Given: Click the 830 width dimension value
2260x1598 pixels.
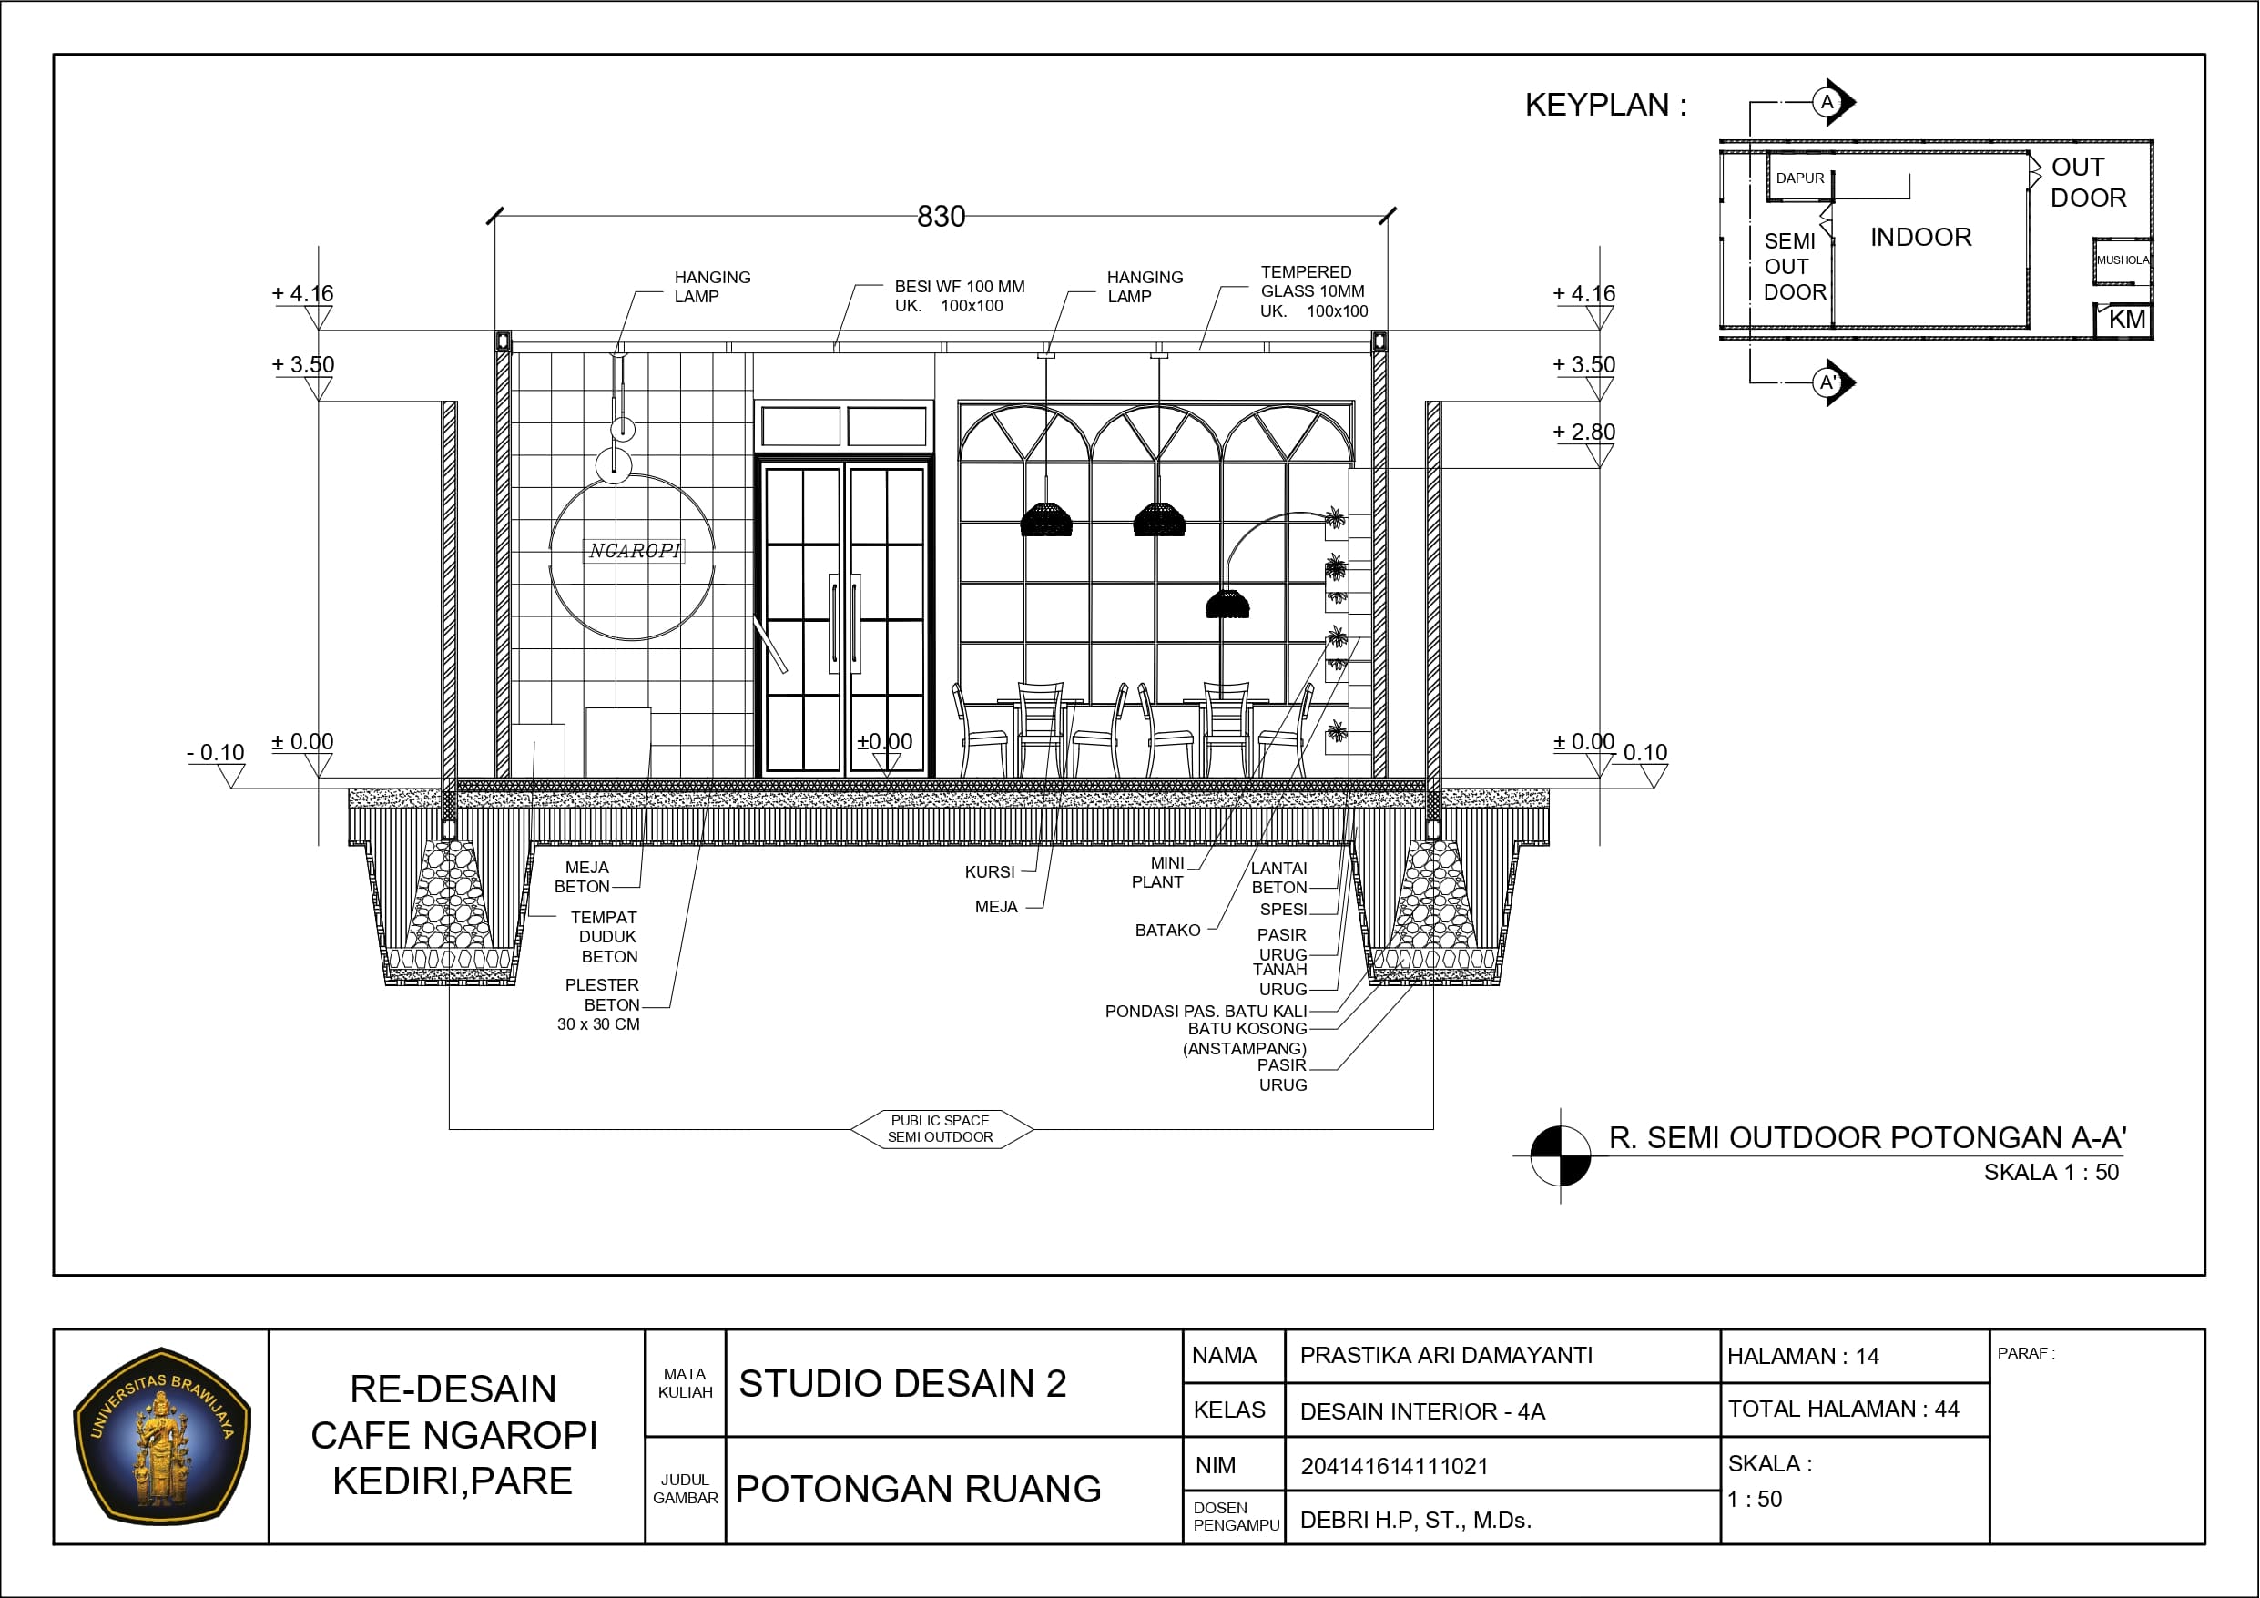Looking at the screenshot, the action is (941, 217).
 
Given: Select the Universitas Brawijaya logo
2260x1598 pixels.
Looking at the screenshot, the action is (161, 1437).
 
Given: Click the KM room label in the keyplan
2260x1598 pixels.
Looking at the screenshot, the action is (2126, 319).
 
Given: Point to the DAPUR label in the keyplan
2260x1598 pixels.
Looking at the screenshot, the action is (1800, 178).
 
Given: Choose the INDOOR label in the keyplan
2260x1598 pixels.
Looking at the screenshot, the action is (1920, 238).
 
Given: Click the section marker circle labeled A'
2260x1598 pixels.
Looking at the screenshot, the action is (1827, 382).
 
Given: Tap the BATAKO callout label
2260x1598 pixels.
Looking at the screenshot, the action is (1167, 931).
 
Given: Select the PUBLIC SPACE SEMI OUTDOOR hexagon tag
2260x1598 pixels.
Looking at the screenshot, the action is (941, 1128).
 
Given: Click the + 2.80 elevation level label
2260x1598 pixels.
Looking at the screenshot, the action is (1583, 432).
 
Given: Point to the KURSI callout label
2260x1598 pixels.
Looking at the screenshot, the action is (989, 872).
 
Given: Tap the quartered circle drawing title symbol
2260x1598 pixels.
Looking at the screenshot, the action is (1560, 1155).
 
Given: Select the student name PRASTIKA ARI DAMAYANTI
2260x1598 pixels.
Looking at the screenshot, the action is (1446, 1356).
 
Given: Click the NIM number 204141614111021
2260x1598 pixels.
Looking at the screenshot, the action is (1394, 1466).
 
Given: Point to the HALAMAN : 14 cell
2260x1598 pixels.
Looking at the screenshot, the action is (1803, 1357).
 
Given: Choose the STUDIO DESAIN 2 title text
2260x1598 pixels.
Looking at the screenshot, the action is (902, 1384).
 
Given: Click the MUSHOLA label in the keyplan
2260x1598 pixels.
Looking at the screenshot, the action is (2123, 260).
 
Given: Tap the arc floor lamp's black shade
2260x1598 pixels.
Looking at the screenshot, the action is (1227, 604).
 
